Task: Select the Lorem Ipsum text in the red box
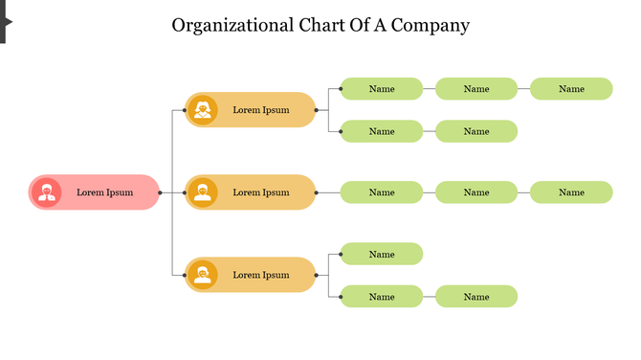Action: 105,192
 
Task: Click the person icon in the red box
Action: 46,192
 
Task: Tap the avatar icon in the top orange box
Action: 202,110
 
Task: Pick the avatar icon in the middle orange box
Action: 202,192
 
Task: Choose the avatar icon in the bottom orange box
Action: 202,275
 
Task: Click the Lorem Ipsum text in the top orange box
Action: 261,110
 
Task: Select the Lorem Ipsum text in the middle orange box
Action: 261,192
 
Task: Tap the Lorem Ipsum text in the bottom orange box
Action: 261,275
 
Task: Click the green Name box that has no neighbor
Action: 382,254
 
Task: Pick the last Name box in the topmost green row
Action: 571,89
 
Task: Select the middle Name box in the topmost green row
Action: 476,89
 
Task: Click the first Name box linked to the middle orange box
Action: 382,192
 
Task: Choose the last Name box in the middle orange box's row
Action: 571,192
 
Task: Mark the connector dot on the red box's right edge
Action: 160,192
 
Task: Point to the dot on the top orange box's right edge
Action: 316,110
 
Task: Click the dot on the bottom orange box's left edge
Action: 186,275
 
